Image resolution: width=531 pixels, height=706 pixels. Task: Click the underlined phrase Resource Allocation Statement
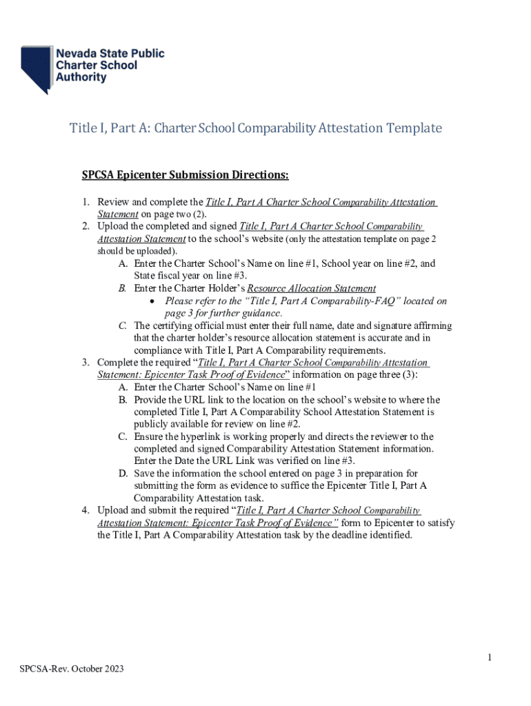pos(312,289)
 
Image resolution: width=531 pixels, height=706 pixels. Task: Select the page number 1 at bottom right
pos(489,658)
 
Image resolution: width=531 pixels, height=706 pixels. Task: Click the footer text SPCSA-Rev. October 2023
pos(72,669)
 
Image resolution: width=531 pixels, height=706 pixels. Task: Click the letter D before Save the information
pos(122,474)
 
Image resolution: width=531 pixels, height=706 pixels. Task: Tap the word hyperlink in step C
pos(207,436)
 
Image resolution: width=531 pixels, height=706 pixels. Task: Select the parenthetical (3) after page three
pos(408,375)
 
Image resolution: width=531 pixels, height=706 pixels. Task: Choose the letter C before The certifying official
pos(122,325)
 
